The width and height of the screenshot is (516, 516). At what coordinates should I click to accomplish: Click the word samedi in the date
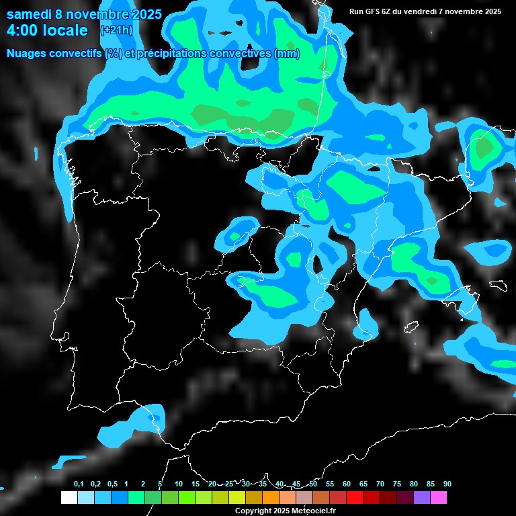[x=29, y=14]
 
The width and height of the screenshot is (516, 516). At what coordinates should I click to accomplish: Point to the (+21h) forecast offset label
[x=116, y=30]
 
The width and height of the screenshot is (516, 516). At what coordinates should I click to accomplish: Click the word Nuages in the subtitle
[x=29, y=53]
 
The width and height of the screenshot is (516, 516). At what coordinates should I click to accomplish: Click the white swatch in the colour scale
[x=69, y=497]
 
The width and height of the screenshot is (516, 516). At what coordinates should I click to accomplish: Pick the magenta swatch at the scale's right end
[x=439, y=497]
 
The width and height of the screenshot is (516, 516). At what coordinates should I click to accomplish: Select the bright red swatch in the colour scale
[x=355, y=497]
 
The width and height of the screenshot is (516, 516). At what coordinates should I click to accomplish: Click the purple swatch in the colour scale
[x=422, y=497]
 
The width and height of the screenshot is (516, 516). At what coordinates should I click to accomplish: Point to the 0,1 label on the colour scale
[x=79, y=484]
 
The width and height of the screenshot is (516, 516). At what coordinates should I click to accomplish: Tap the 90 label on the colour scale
[x=447, y=484]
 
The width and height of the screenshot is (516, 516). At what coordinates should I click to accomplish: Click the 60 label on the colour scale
[x=347, y=484]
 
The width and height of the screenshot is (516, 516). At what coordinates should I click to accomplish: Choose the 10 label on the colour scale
[x=179, y=484]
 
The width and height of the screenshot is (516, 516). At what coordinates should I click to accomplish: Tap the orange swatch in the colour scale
[x=271, y=497]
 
